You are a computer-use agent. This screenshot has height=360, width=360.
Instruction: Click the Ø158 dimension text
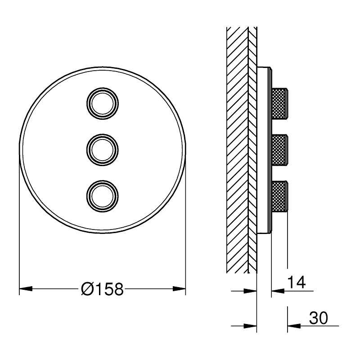[x=102, y=289]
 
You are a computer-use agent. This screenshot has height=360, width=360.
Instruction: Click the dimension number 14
[x=296, y=283]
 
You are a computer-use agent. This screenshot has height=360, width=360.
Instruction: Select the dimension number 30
[x=318, y=318]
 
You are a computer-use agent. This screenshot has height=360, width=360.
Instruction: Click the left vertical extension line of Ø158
[x=19, y=225]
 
